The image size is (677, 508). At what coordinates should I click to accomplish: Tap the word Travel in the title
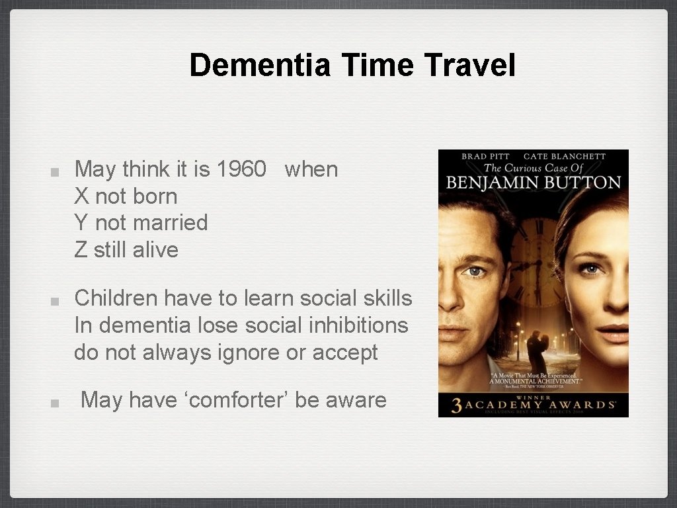click(x=469, y=65)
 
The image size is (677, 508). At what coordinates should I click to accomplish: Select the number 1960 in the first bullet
click(x=241, y=169)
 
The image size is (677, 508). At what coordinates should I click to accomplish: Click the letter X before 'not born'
click(x=81, y=196)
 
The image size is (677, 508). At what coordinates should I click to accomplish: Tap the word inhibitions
click(x=357, y=325)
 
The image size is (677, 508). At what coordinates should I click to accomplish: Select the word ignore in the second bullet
click(x=248, y=353)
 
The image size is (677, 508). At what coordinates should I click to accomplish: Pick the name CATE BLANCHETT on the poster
click(x=565, y=157)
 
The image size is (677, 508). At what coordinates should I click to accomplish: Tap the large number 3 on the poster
click(x=456, y=405)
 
